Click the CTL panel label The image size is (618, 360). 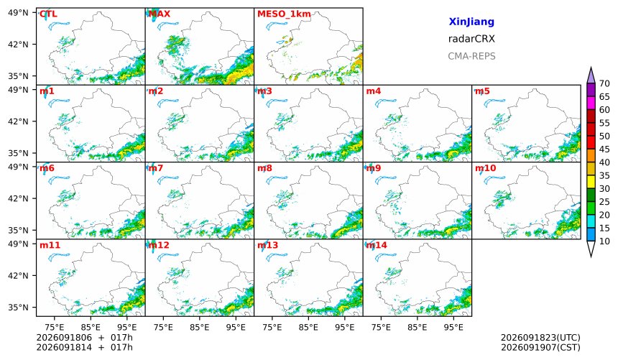48,14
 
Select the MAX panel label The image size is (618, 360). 160,14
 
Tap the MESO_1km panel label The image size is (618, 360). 284,14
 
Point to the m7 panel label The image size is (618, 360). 156,168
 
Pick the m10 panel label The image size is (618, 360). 485,168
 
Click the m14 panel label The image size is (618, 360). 377,245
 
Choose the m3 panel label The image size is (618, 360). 264,91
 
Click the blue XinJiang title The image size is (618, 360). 471,22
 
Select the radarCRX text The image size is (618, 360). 471,39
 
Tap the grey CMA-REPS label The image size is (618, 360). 471,56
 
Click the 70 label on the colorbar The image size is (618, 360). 604,83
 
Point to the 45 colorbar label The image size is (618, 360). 604,149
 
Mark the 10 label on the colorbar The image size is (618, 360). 604,241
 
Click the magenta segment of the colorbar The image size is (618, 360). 591,103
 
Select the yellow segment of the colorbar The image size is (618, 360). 591,182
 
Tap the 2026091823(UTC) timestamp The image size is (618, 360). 540,338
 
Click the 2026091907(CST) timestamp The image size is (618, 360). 540,348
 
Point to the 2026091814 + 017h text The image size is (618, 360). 84,348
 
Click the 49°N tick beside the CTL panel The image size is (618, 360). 18,13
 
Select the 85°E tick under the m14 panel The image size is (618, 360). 418,327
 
